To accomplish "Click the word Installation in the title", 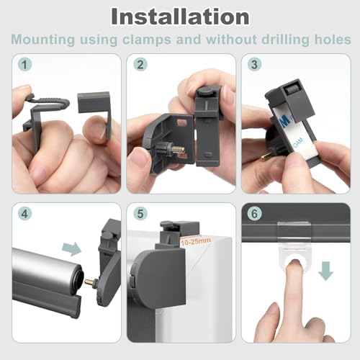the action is point(180,17).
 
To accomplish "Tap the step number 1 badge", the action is point(24,64).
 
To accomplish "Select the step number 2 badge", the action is point(140,64).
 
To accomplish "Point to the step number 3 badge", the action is point(254,64).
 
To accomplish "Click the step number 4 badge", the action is point(24,214).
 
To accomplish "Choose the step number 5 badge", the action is point(140,214).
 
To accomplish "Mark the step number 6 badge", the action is point(254,214).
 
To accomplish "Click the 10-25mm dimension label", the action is point(196,241).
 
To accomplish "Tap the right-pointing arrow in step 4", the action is point(72,249).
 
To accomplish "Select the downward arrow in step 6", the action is point(325,271).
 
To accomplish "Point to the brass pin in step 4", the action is point(89,282).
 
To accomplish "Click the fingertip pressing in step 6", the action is point(295,266).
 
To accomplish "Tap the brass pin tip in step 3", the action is point(265,158).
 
